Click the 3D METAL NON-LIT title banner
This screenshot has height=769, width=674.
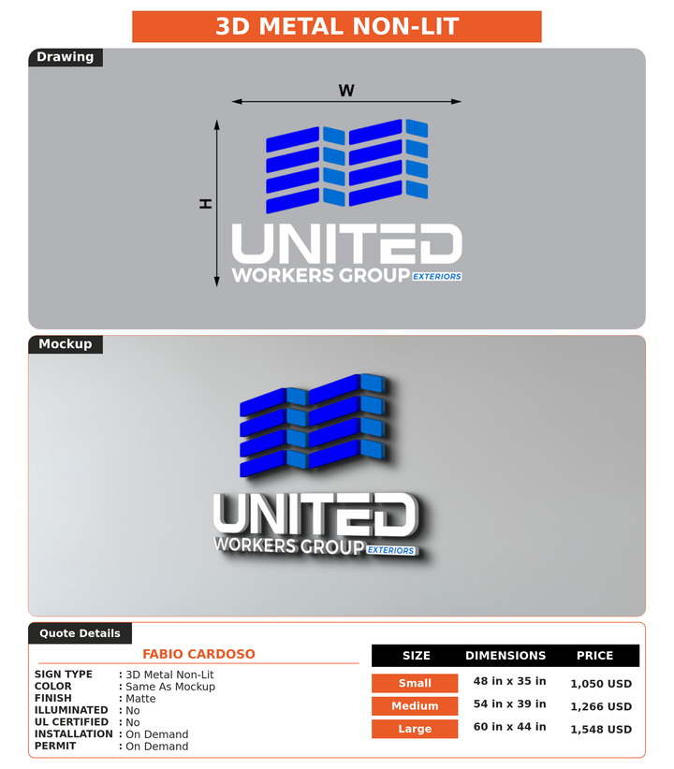click(337, 26)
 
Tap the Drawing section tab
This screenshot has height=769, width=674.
click(66, 57)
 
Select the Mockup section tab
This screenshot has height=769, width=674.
click(66, 343)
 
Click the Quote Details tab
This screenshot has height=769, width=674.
click(80, 633)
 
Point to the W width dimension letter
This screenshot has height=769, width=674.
click(346, 91)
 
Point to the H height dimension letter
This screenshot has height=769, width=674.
click(206, 204)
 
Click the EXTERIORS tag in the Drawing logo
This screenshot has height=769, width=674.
click(437, 277)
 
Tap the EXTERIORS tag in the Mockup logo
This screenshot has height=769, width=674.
click(391, 550)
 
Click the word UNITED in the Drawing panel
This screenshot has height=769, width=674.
click(346, 244)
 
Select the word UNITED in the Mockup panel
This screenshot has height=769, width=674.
click(315, 515)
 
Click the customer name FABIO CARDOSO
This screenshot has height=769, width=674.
click(198, 654)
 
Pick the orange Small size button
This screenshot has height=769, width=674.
click(415, 683)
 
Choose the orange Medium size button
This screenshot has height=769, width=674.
click(415, 705)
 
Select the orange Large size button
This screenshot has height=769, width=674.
click(415, 729)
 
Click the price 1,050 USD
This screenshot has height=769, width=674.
click(601, 684)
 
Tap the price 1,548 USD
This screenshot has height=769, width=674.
click(601, 730)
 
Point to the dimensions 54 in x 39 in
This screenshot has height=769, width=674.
click(509, 704)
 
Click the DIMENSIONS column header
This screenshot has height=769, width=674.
click(505, 656)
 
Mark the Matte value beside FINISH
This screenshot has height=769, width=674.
click(141, 699)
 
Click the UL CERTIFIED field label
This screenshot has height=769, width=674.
click(71, 722)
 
